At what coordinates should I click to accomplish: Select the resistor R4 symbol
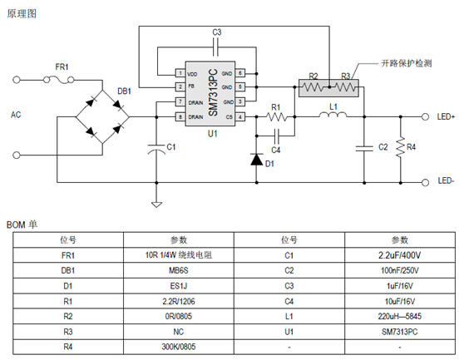click(x=401, y=148)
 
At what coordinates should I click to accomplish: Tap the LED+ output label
click(x=446, y=117)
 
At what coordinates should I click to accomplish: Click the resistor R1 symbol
click(x=277, y=116)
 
